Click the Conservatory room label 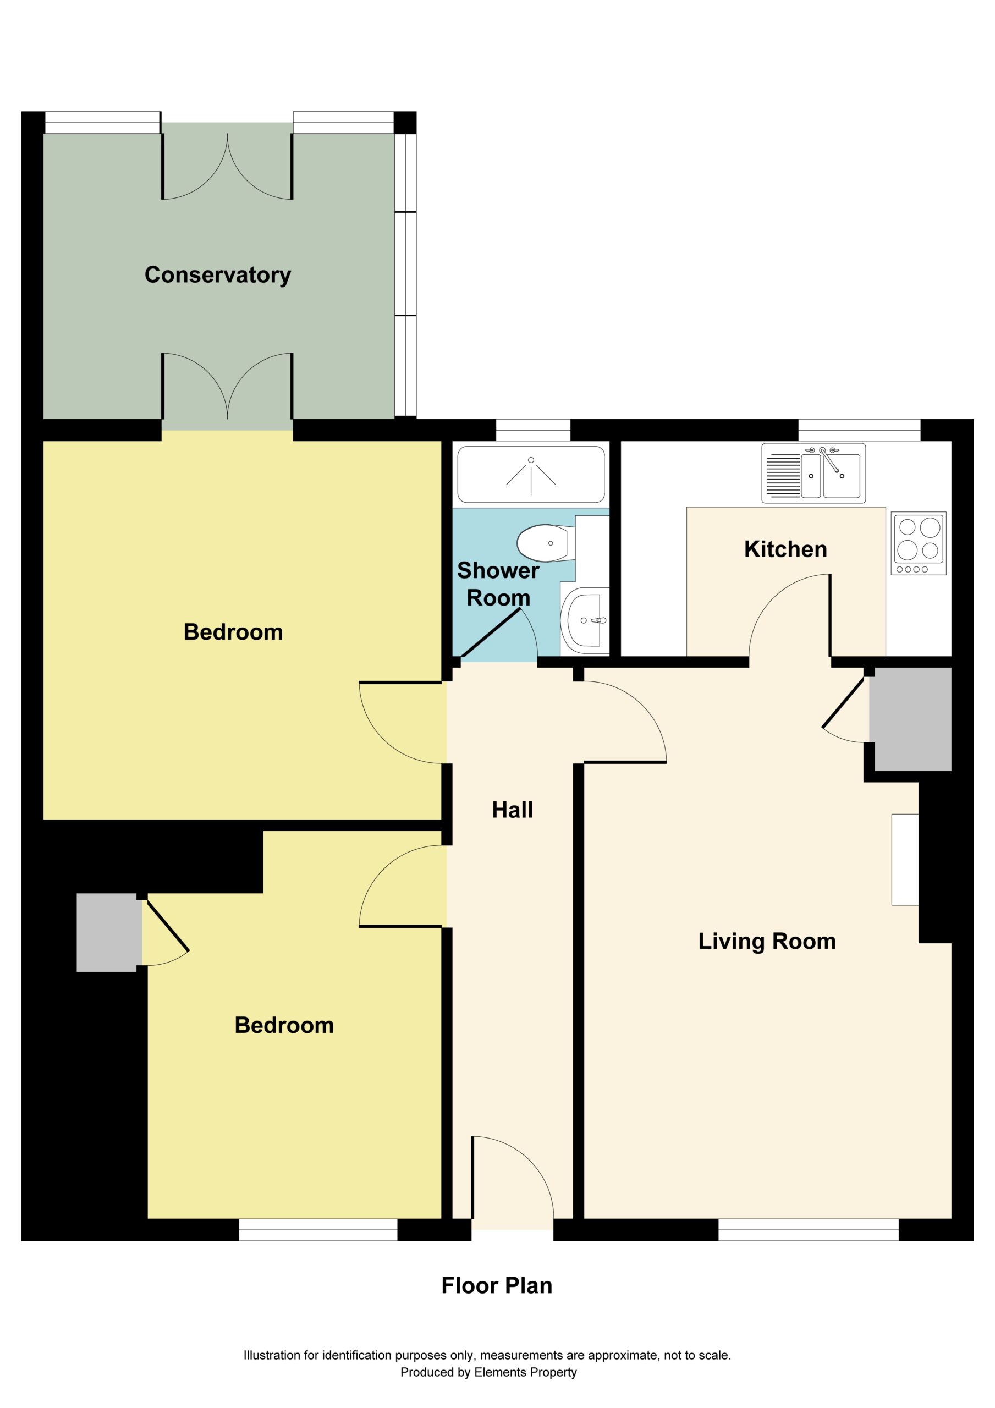coord(218,276)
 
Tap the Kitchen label coord(785,549)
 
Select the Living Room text coord(767,941)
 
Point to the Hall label coord(512,810)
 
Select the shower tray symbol coord(531,474)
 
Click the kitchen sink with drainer coord(813,474)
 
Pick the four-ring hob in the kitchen coord(919,543)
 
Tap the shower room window coord(533,430)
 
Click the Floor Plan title coord(497,1286)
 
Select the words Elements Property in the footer coord(525,1372)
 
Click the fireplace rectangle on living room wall coord(905,859)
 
